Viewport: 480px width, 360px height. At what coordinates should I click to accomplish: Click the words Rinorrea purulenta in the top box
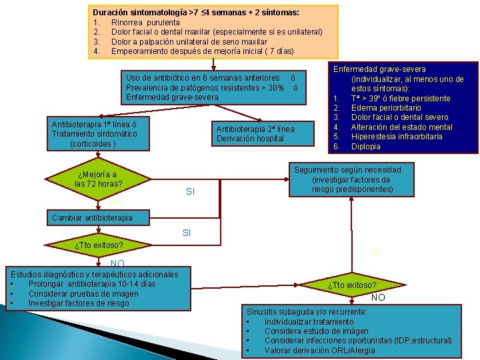point(145,23)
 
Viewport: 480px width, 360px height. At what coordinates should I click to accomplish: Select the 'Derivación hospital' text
point(250,139)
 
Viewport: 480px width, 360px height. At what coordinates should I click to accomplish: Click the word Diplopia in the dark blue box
point(366,147)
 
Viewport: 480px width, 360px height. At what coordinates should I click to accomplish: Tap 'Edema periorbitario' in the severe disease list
point(386,108)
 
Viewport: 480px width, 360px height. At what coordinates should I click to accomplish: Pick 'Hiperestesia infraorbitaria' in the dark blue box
point(397,137)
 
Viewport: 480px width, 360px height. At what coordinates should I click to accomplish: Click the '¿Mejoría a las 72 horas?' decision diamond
point(100,179)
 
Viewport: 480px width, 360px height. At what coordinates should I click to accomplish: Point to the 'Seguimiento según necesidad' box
point(356,180)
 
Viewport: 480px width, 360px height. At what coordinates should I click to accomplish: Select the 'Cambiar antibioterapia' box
point(92,217)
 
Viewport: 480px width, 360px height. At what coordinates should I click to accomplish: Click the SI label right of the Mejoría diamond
point(190,192)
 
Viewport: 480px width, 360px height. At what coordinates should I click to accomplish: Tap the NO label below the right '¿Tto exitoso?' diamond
point(378,297)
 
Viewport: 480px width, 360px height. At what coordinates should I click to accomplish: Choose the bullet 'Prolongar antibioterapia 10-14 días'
point(92,284)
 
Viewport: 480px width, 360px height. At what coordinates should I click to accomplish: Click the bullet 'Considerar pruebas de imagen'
point(83,294)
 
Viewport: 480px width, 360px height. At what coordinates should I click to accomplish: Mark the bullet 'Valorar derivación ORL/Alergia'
point(319,350)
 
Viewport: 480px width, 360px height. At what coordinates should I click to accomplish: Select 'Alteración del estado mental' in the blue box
point(401,127)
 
